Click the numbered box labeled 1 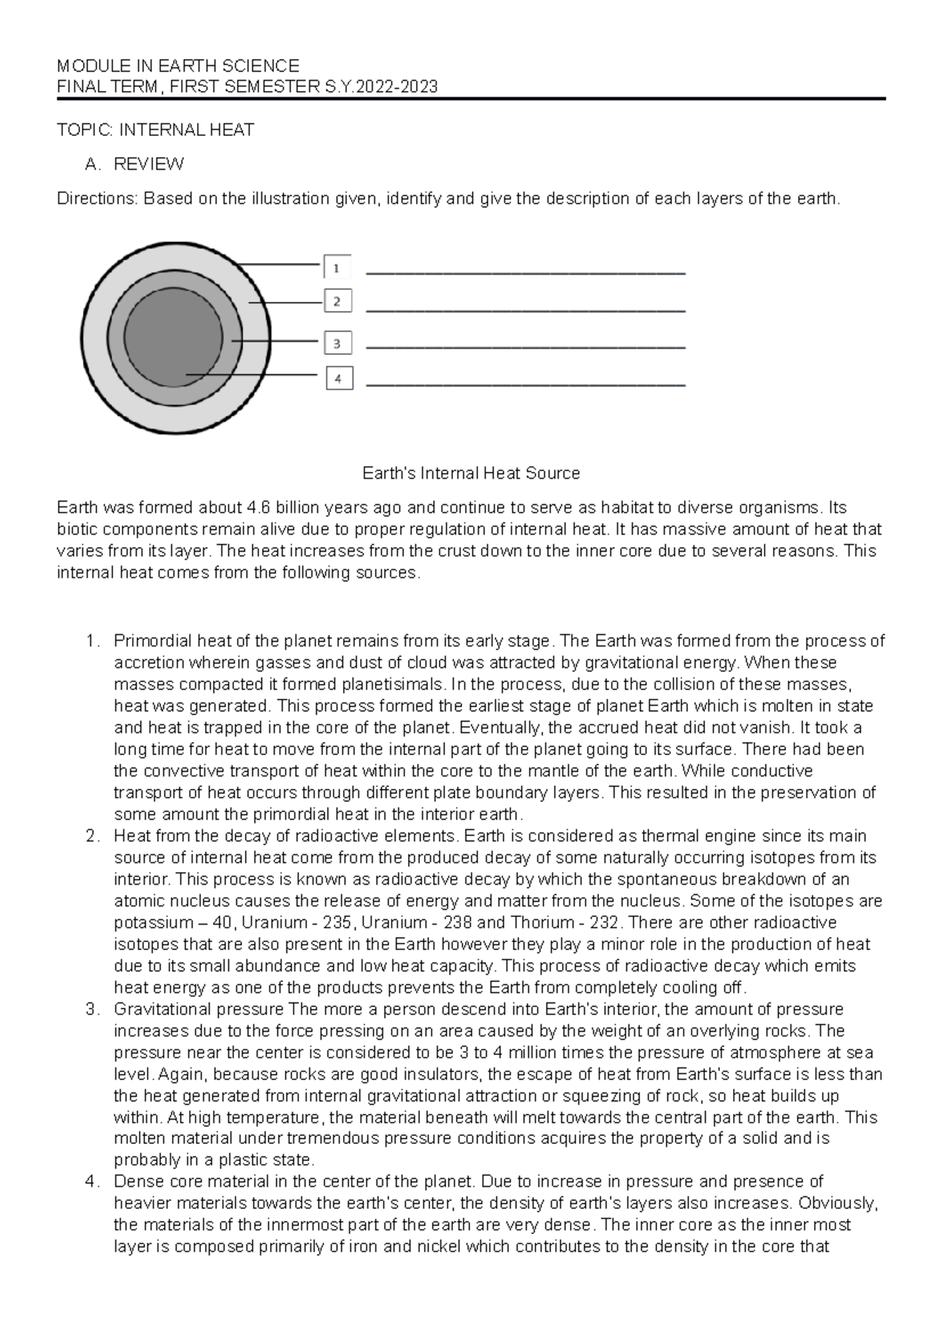coord(337,267)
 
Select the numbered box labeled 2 coord(338,301)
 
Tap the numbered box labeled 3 coord(338,343)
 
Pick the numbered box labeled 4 coord(338,378)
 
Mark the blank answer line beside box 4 coord(526,385)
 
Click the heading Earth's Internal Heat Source coord(470,473)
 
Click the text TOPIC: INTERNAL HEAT coord(155,130)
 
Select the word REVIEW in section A coord(148,164)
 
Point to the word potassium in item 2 coord(153,922)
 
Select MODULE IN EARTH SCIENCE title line coord(178,66)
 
